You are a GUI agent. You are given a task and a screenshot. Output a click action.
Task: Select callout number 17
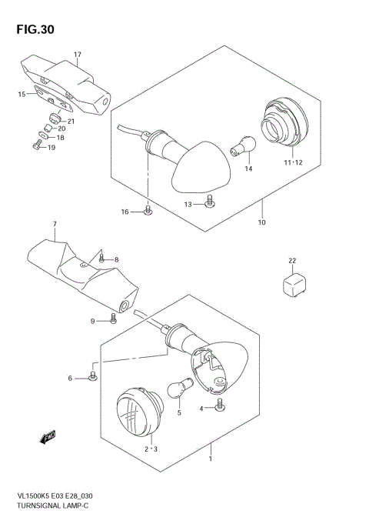click(x=78, y=54)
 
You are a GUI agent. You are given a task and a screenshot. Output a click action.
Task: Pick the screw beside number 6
click(x=94, y=375)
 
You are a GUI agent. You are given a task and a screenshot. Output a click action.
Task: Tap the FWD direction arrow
click(x=48, y=437)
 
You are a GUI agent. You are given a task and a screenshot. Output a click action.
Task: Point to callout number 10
click(x=261, y=223)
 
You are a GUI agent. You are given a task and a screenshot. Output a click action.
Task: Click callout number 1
click(x=211, y=459)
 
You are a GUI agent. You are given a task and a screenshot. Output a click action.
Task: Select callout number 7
click(x=55, y=225)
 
